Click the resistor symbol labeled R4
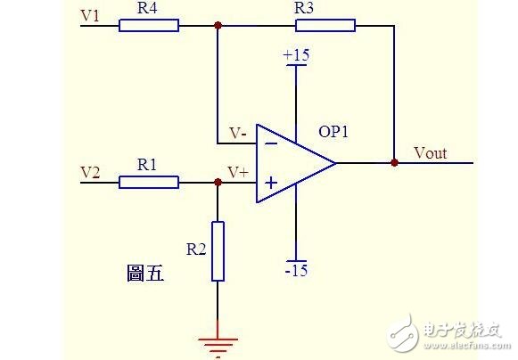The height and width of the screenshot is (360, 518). [149, 26]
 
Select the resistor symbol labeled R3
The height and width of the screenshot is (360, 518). [325, 26]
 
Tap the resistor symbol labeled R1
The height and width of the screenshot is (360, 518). [149, 183]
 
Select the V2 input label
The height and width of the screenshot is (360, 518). [90, 171]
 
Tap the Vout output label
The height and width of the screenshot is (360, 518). [431, 152]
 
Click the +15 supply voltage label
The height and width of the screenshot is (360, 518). [296, 55]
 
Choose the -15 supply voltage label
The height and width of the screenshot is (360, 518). [296, 270]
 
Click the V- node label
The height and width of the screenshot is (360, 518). [238, 133]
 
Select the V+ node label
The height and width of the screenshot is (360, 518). [238, 172]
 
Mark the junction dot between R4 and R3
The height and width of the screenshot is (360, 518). [218, 26]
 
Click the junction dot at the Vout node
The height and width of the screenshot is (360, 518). [393, 163]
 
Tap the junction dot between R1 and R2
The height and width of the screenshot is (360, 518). [218, 183]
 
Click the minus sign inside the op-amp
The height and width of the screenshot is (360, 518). [268, 143]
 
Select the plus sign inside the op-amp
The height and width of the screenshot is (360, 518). [268, 184]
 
